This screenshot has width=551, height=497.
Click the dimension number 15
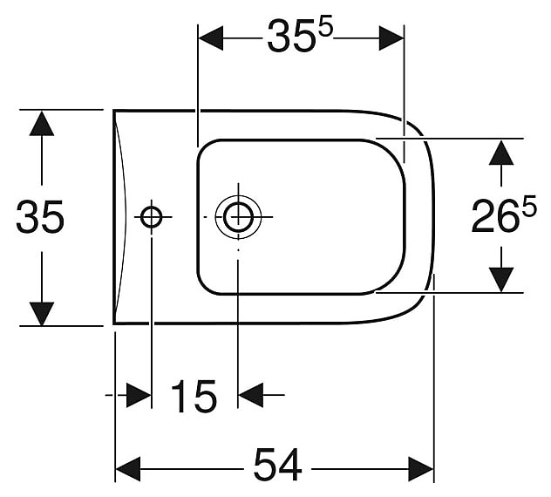tap(193, 398)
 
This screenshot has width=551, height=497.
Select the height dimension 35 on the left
tap(40, 217)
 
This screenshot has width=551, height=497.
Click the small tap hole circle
tap(152, 215)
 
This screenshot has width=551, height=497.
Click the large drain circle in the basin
tap(237, 215)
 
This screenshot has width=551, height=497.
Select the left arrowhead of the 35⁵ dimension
tap(212, 37)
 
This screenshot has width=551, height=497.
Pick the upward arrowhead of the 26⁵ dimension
tap(500, 153)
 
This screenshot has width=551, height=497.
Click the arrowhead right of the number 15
tap(251, 395)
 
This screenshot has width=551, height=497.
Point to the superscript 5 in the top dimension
tap(324, 27)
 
